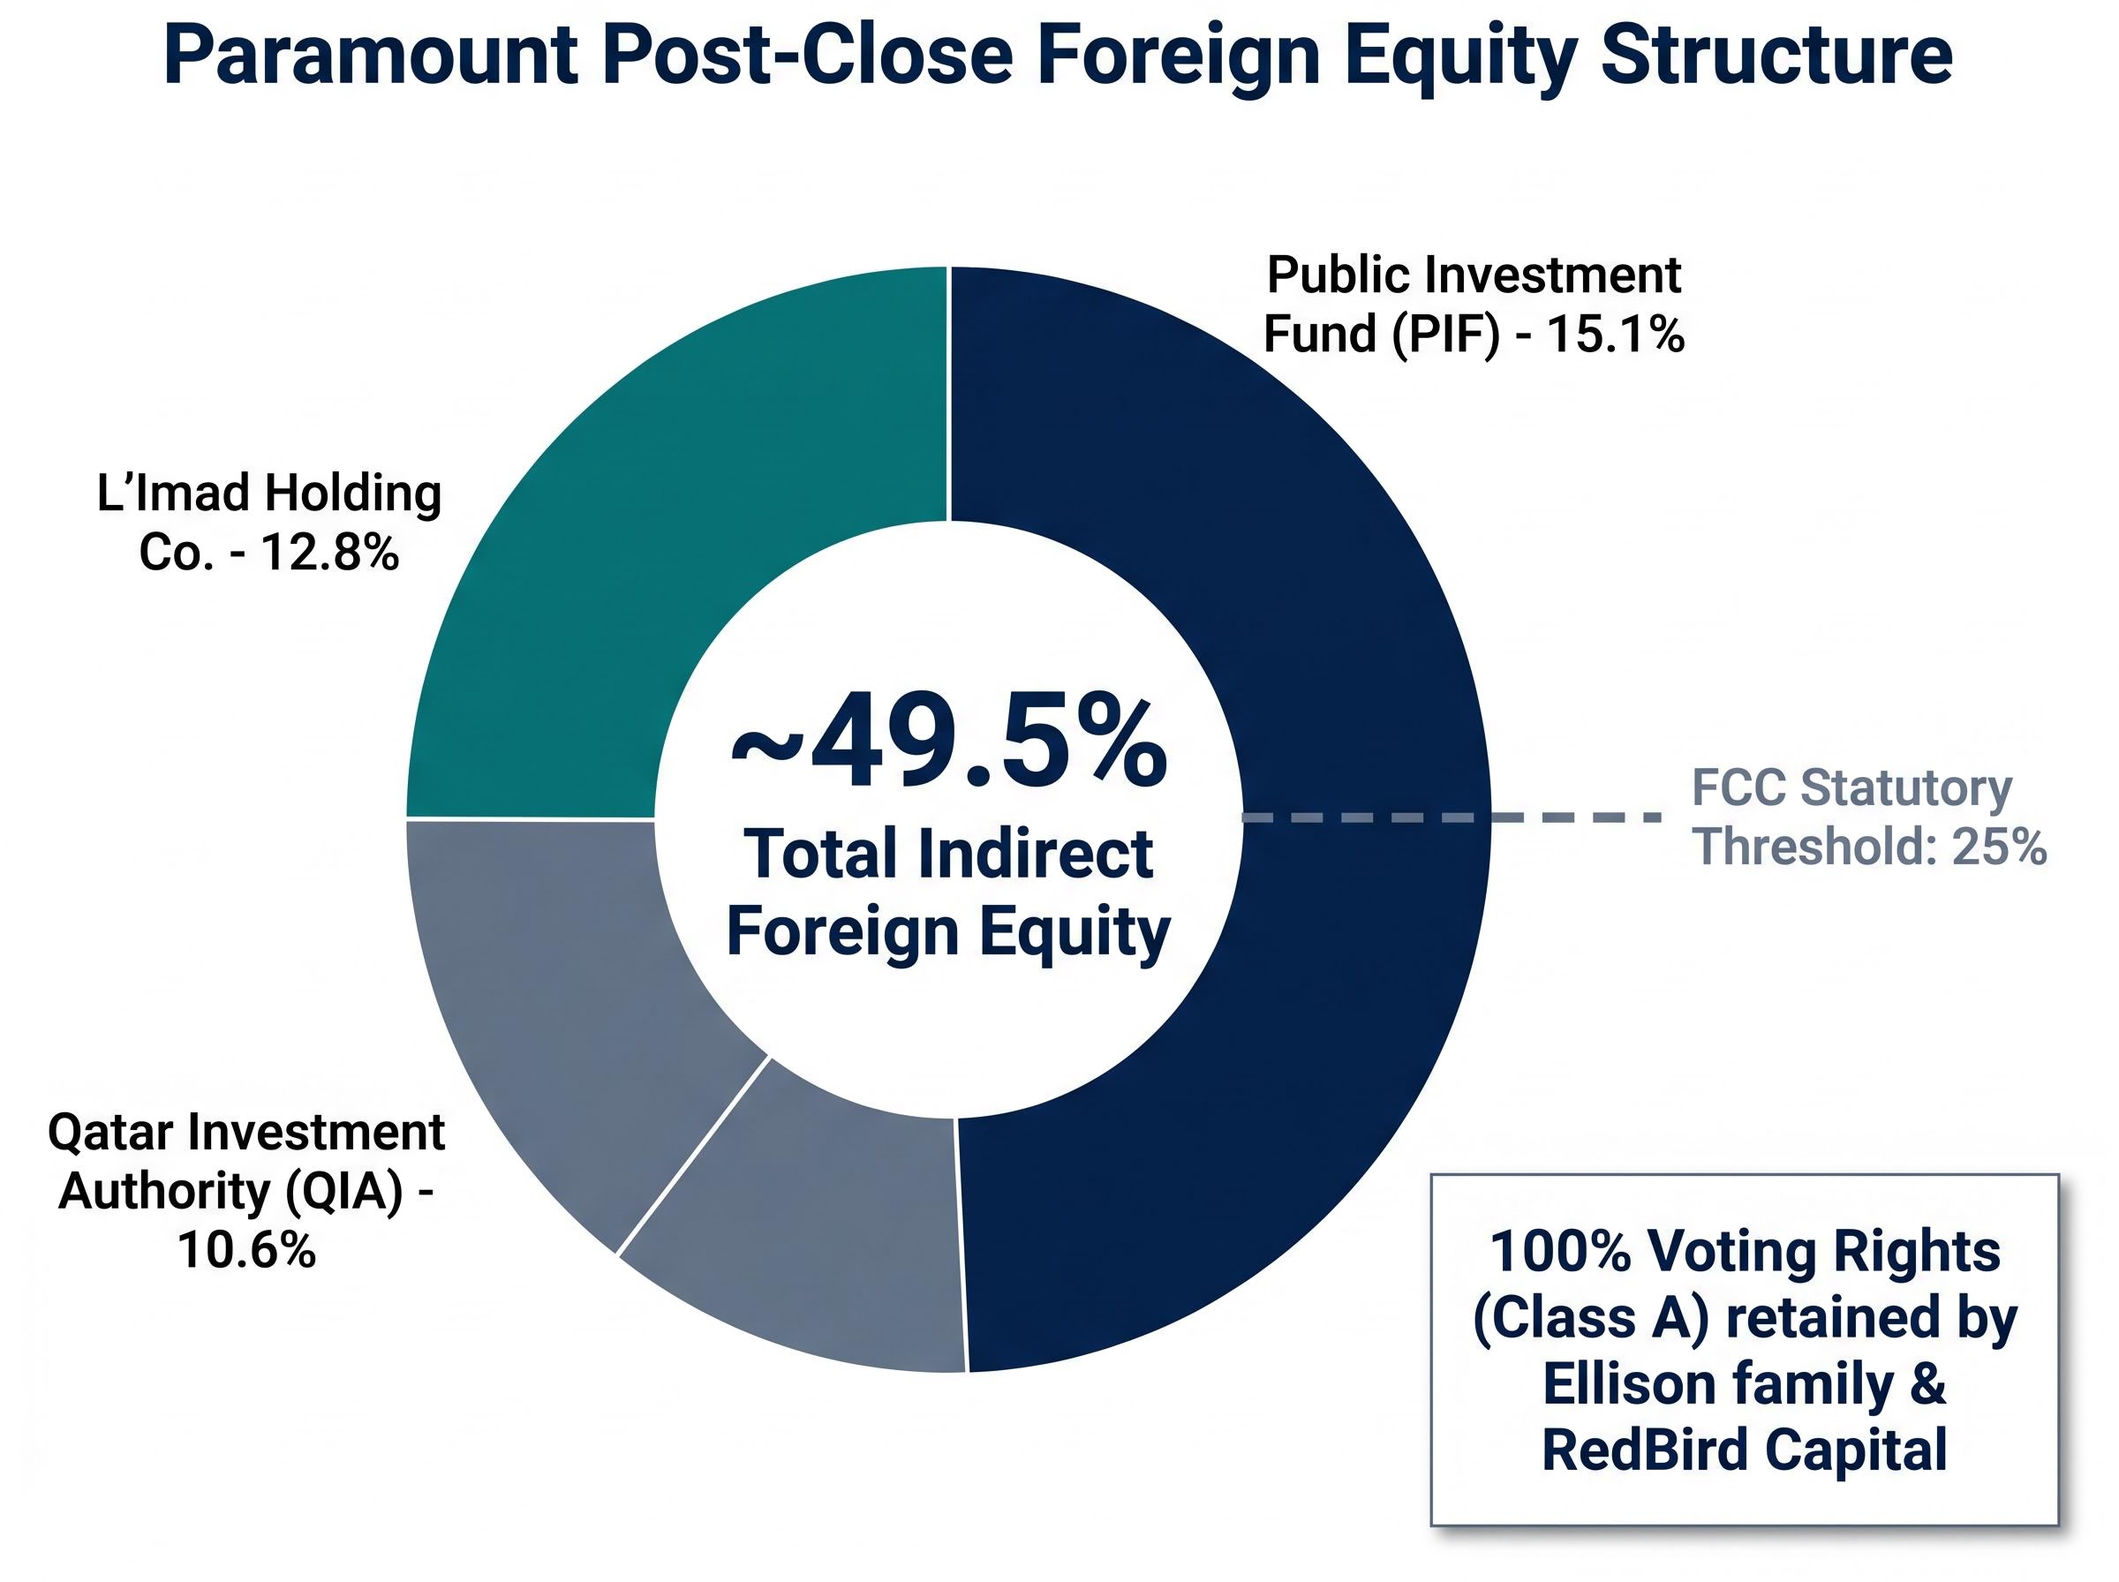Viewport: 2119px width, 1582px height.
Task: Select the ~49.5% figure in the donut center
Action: click(948, 742)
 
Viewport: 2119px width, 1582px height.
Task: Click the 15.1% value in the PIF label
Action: click(1614, 335)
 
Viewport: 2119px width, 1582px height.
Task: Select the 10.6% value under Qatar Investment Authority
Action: click(246, 1249)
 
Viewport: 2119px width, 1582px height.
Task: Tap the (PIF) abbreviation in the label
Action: click(1446, 335)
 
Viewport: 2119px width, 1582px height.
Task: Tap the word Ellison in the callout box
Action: click(1629, 1382)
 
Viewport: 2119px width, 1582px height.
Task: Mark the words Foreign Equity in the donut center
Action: click(948, 930)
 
